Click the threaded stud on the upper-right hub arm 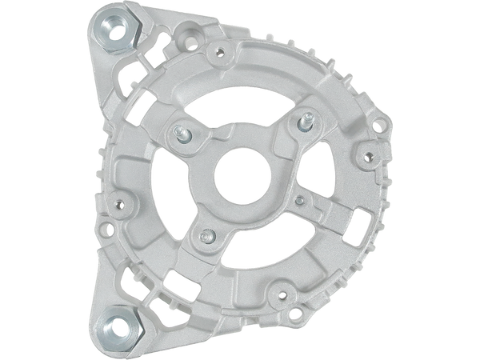tap(306, 122)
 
